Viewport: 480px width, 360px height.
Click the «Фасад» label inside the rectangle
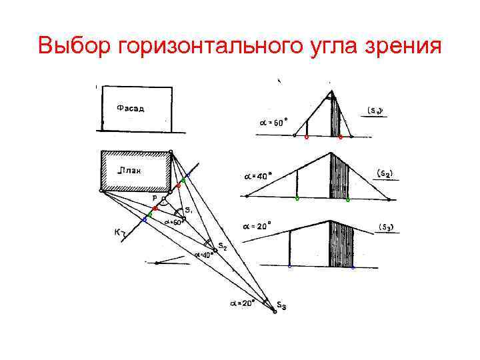click(x=131, y=107)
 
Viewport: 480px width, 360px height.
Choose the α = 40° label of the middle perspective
click(x=255, y=177)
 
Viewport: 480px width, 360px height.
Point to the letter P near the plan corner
click(x=155, y=198)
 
